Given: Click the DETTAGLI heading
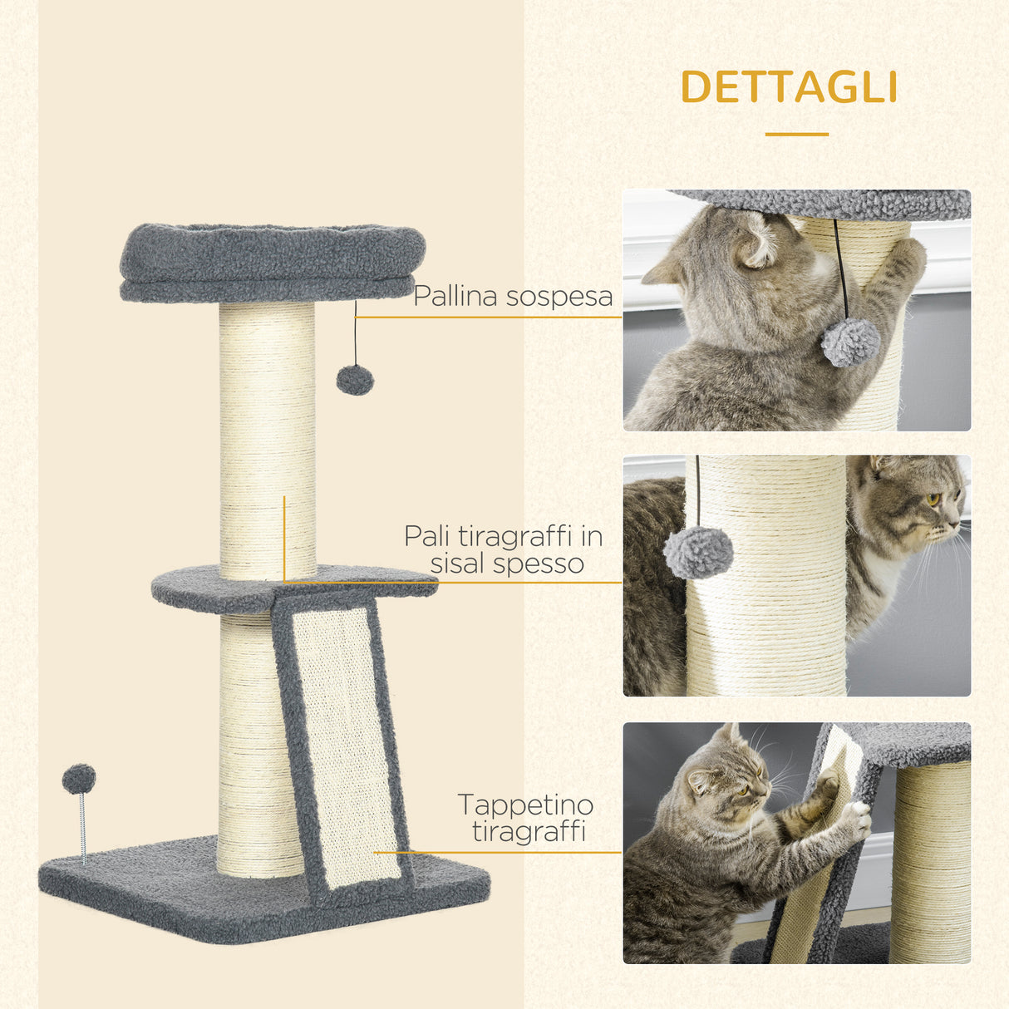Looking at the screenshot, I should click(x=789, y=87).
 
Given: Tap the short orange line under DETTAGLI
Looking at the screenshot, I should click(x=796, y=134).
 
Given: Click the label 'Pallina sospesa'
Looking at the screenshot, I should click(x=513, y=296).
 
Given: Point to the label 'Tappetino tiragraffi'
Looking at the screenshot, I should click(x=526, y=818).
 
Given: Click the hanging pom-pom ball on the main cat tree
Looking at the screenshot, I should click(x=355, y=380).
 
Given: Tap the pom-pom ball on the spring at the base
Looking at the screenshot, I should click(x=79, y=779).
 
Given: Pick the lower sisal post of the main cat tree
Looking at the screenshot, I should click(x=249, y=748).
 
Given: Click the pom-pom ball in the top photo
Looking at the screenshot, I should click(x=850, y=342).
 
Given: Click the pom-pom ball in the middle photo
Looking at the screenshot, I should click(x=698, y=552).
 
